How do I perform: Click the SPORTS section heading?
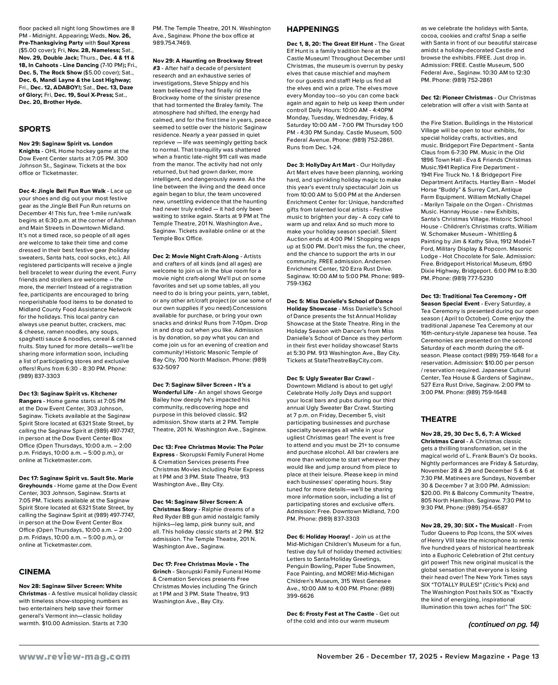[x=34, y=129]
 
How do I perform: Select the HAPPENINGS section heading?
[x=312, y=29]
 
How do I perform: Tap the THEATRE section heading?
[x=439, y=419]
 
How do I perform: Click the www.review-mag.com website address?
[x=74, y=657]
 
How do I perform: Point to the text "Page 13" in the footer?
[x=526, y=657]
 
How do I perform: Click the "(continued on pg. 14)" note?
[x=503, y=624]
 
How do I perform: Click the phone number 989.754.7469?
[x=172, y=43]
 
